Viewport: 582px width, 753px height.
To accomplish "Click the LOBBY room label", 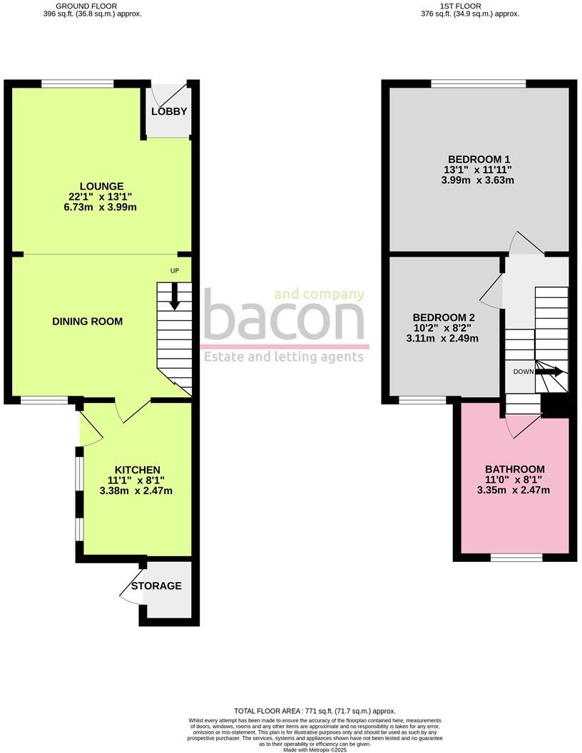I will click(169, 111).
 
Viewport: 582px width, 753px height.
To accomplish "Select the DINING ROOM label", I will click(88, 322).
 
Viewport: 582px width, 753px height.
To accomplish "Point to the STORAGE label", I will click(156, 586).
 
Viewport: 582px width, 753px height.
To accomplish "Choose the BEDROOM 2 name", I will click(444, 317).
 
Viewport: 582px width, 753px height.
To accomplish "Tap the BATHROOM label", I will click(514, 469).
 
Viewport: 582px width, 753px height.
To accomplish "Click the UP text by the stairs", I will click(175, 271).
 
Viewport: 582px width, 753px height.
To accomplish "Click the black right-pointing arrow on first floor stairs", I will click(550, 372).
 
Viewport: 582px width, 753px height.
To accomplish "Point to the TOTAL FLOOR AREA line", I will click(315, 711).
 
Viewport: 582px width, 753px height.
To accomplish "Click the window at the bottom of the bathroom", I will click(516, 557).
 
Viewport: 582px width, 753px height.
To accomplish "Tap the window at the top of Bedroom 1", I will click(478, 83).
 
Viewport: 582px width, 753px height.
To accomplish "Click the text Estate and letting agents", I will click(283, 357).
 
